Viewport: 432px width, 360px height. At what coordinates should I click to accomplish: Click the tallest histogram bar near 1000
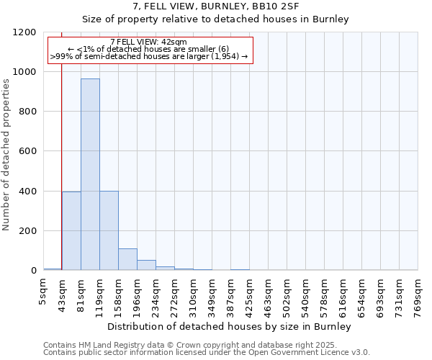tap(90, 174)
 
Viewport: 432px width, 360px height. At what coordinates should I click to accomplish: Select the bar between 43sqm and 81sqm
tap(71, 231)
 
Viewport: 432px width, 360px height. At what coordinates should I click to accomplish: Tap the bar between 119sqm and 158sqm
tap(109, 230)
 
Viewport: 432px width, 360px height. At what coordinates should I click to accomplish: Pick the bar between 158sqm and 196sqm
tap(127, 259)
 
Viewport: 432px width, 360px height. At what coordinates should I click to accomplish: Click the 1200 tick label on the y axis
tap(24, 32)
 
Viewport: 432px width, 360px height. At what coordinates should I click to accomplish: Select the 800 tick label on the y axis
tap(27, 112)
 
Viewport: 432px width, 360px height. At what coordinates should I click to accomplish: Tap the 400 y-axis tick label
tap(27, 192)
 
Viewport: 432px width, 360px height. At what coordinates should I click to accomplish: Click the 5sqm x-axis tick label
tap(44, 293)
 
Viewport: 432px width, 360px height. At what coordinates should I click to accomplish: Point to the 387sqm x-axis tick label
tap(231, 297)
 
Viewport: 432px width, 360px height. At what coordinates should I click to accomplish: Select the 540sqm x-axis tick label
tap(306, 297)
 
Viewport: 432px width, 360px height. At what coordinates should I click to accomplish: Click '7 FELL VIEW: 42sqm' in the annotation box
tap(149, 42)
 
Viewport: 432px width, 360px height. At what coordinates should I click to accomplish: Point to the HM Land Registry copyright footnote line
tap(195, 345)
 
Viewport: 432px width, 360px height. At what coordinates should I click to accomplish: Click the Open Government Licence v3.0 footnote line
tap(207, 352)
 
